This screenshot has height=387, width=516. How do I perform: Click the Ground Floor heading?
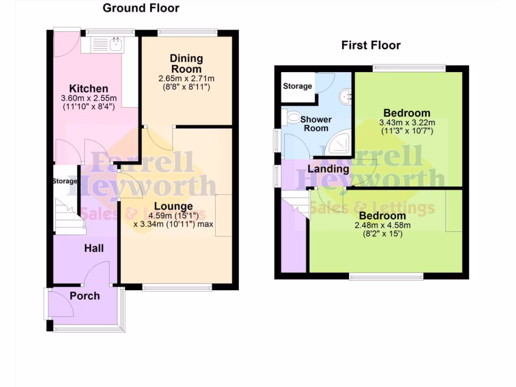(141, 8)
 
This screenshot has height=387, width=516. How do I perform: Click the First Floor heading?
(371, 45)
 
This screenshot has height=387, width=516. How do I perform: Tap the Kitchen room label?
(89, 89)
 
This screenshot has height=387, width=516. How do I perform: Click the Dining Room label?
(186, 63)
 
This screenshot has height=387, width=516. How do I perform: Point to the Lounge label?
(173, 206)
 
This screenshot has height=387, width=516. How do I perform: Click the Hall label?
(94, 248)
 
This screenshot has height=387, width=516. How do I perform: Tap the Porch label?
(85, 296)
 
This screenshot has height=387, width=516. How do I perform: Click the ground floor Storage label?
(65, 181)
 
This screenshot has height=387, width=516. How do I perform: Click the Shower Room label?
(316, 123)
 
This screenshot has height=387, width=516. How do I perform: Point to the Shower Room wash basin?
(346, 95)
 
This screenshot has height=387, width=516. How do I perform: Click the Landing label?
(328, 169)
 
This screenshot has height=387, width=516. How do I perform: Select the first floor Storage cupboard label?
(297, 86)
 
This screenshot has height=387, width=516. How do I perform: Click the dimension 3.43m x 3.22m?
(407, 122)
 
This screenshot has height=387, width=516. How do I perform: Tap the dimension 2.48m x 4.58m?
(382, 225)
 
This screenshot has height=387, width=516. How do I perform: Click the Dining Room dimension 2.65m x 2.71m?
(186, 79)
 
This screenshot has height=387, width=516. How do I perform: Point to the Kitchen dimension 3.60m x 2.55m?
(89, 98)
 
